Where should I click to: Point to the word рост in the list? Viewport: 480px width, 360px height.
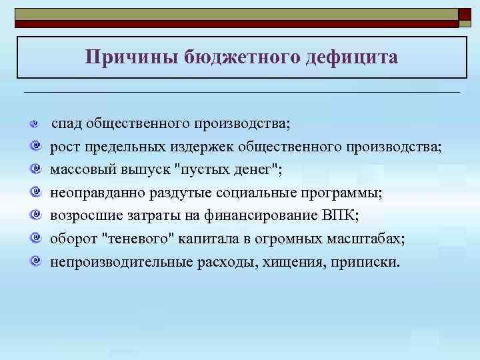coord(65,147)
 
